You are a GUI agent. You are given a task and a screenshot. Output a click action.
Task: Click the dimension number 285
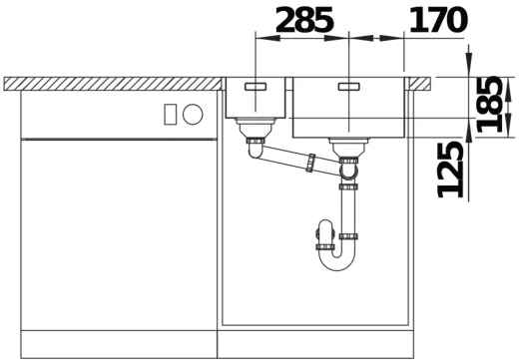tap(304, 19)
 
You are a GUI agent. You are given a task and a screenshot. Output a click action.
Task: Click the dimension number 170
tap(437, 19)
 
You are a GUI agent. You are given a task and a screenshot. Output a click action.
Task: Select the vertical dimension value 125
tap(454, 168)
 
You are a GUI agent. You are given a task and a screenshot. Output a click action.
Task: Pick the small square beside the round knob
tap(172, 113)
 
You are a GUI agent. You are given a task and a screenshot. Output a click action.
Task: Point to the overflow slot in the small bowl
tap(256, 87)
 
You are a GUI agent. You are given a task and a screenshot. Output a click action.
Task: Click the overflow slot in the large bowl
tap(348, 87)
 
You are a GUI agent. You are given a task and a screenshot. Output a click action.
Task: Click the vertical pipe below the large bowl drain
tap(348, 209)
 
